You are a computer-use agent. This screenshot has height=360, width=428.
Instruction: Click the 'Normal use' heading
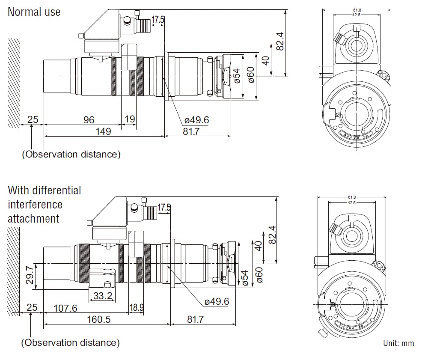34,12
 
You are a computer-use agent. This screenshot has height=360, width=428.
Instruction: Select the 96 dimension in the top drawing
89,120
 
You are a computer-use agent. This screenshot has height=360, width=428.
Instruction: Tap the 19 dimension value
129,120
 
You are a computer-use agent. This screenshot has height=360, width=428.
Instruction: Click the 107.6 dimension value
65,308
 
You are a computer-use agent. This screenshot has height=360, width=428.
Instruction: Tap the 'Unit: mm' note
398,343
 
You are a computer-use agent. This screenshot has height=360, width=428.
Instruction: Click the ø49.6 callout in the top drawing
196,120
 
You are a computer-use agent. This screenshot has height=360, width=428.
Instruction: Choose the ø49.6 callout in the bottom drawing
217,302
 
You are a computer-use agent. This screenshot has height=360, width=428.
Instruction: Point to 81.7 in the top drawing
191,131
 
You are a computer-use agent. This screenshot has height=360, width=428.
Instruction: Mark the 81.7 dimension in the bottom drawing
194,320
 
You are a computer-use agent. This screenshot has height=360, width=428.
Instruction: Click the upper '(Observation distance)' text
71,154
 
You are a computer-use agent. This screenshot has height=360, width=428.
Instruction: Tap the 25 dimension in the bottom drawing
32,308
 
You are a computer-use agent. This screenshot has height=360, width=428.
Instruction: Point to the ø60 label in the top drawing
251,75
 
